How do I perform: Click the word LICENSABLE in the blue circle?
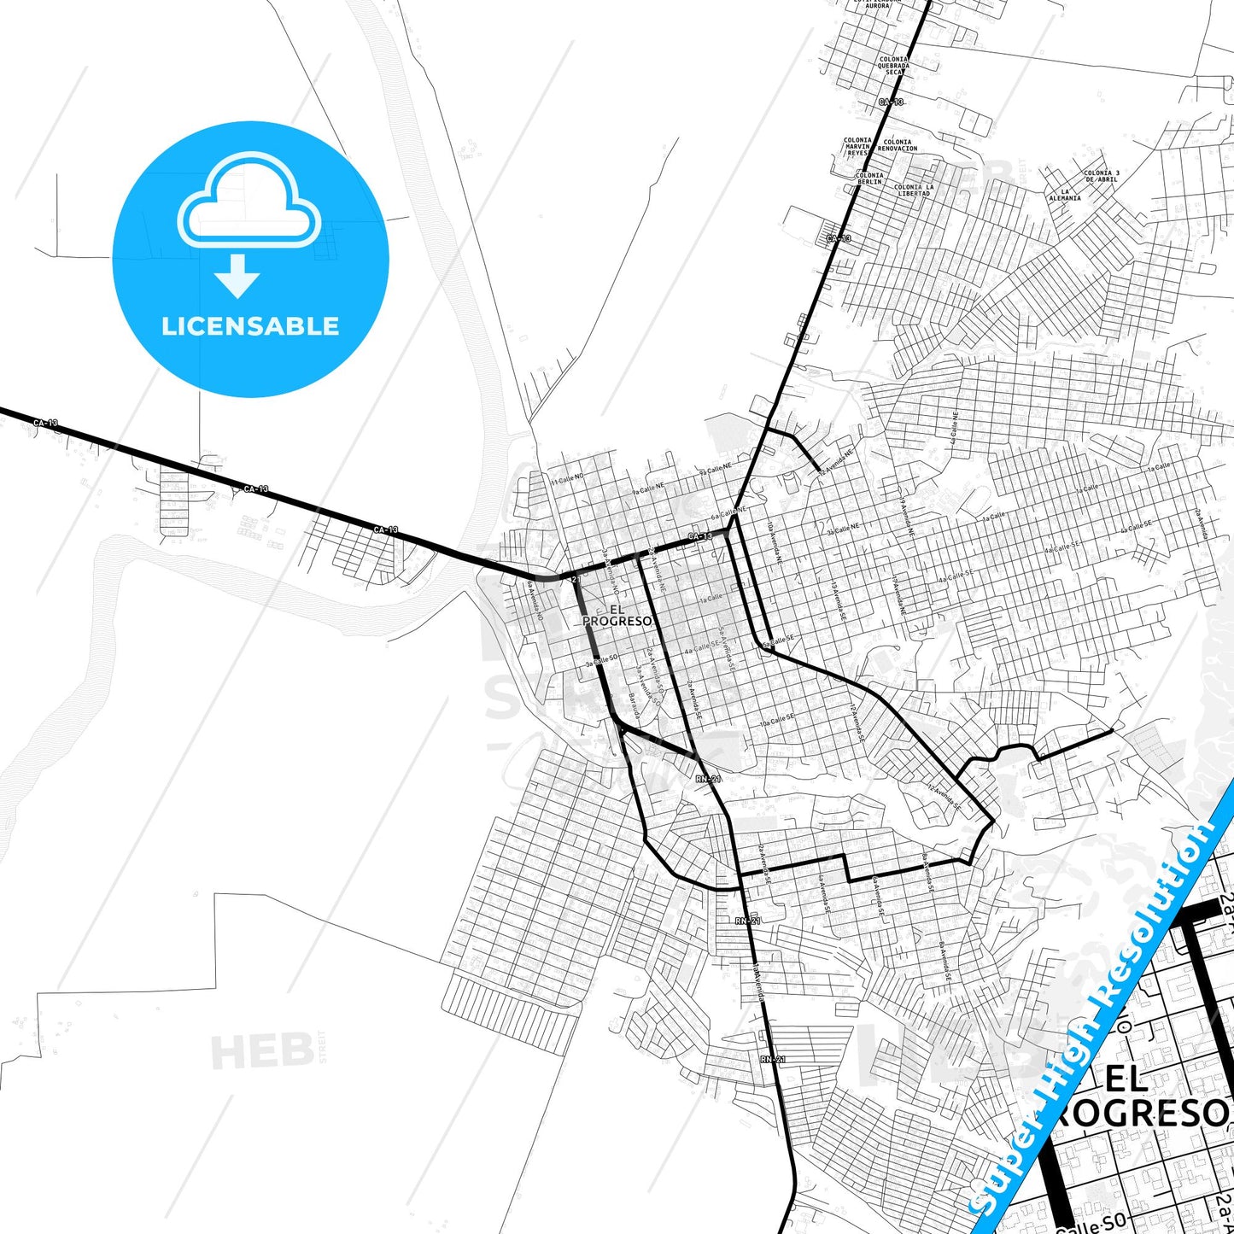coord(250,326)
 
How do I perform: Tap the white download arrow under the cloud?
coord(237,276)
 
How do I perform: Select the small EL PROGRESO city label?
coord(617,615)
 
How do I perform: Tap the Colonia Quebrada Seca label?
coord(893,66)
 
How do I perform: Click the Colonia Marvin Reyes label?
coord(857,146)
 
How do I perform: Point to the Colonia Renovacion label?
coord(898,145)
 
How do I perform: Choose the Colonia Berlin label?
coord(869,178)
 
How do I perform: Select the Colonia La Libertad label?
coord(913,190)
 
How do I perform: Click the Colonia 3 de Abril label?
coord(1102,176)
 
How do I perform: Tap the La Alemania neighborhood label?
coord(1065,195)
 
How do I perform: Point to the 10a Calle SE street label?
coord(778,721)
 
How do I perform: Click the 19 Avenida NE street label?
coord(906,518)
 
